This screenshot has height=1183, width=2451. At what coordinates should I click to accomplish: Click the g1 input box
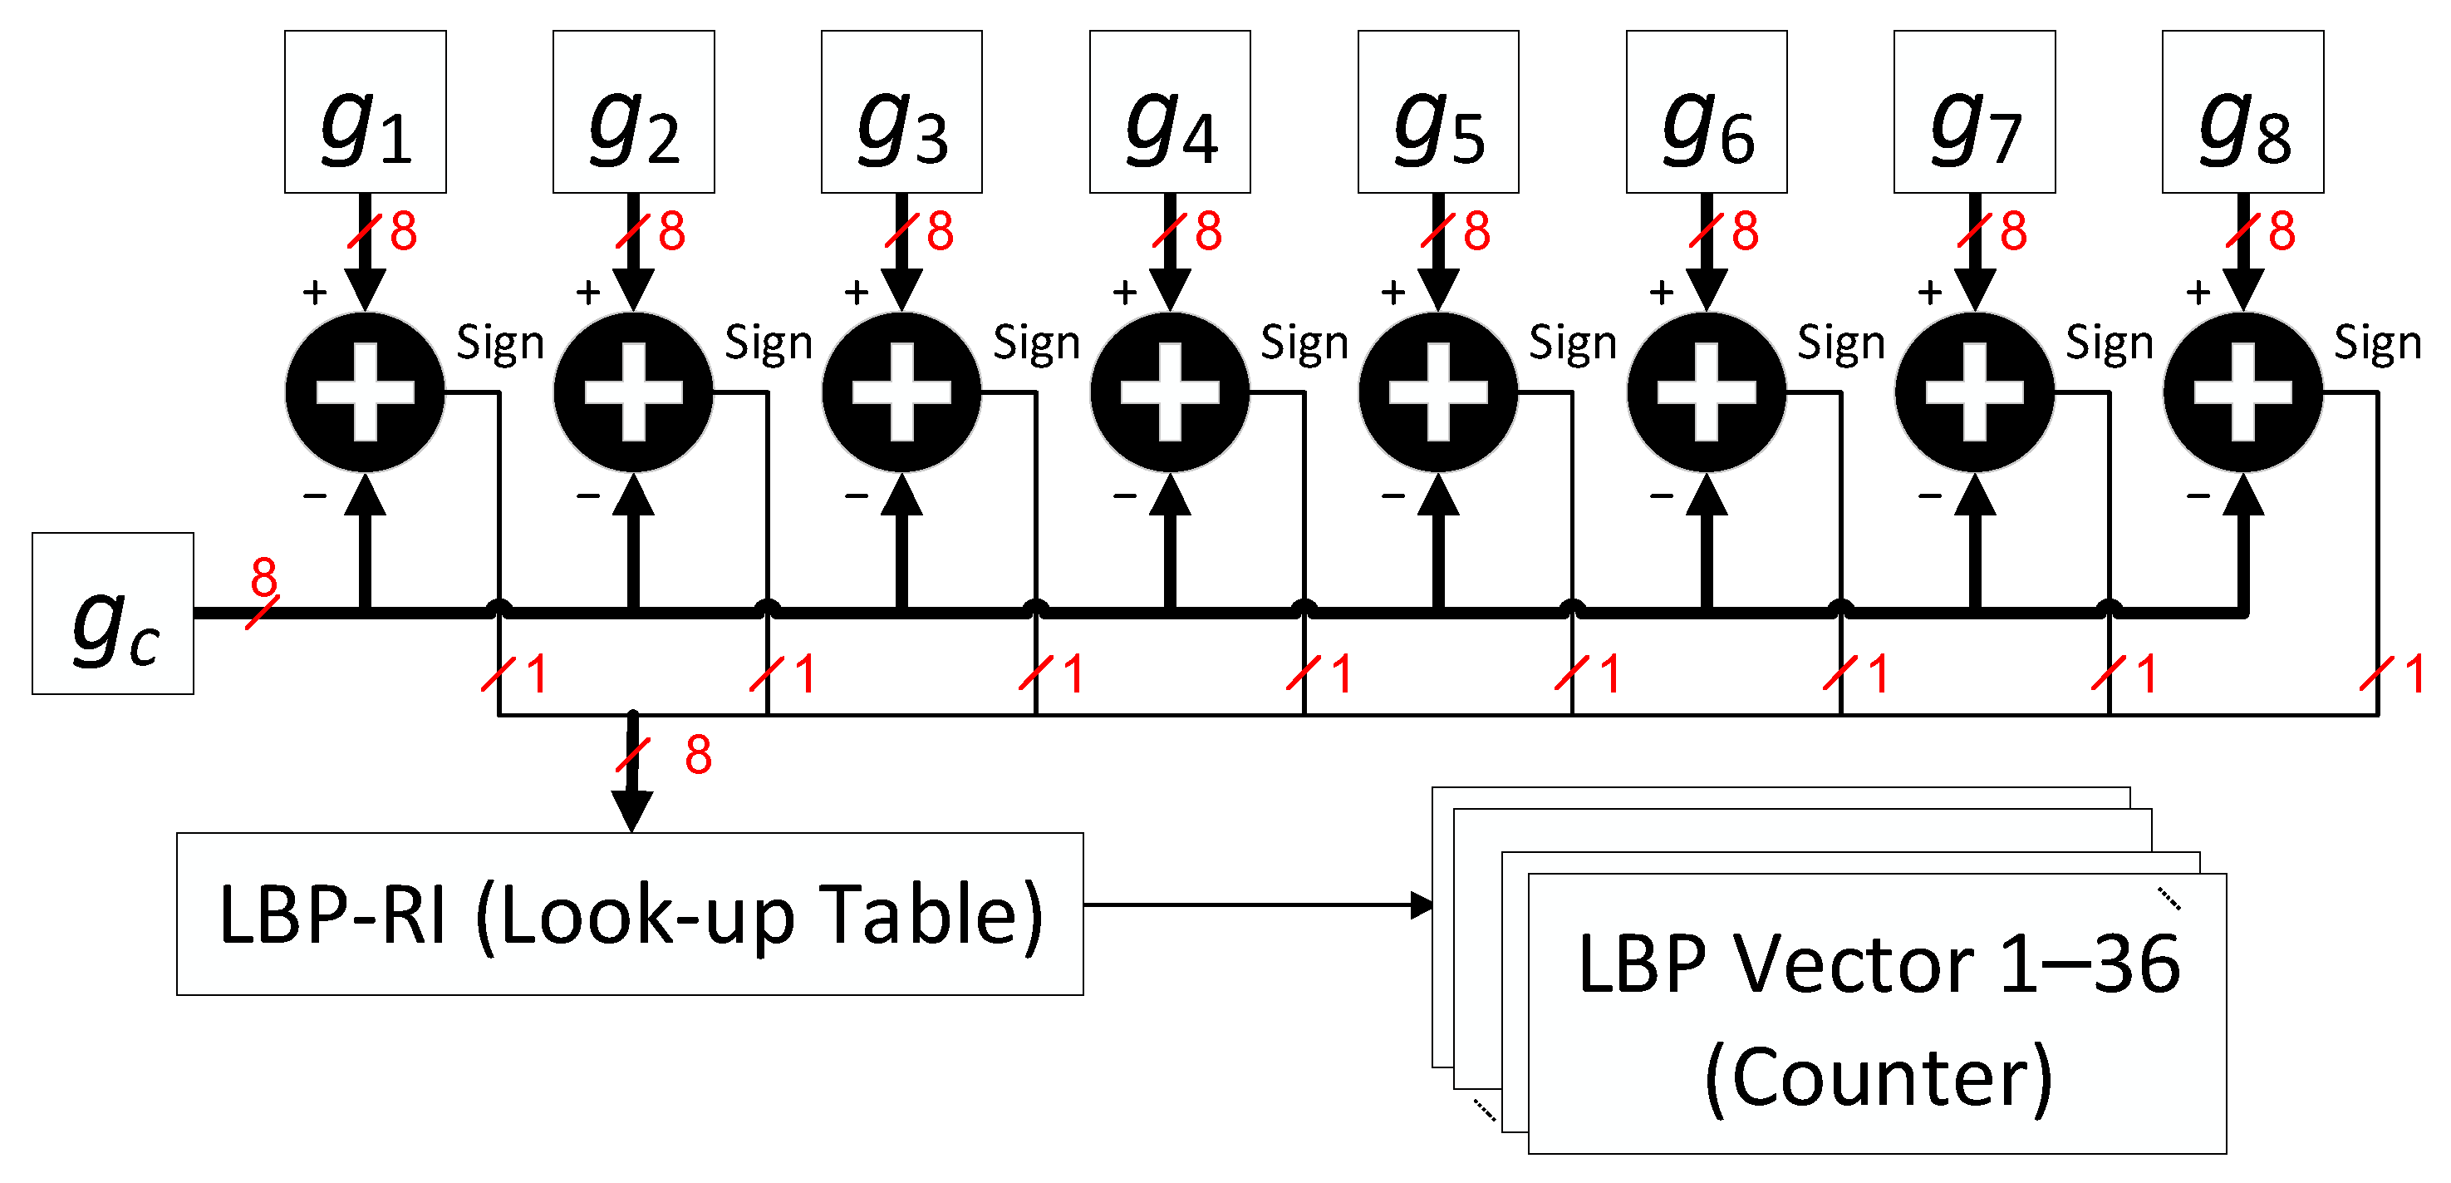366,111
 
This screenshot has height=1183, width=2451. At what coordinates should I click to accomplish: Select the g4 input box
1169,111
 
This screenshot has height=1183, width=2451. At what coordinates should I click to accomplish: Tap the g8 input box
2242,111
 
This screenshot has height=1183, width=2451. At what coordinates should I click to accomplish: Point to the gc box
112,614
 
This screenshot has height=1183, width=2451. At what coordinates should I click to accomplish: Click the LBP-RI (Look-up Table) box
630,914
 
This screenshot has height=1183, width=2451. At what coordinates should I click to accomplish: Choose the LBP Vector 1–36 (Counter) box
1876,1013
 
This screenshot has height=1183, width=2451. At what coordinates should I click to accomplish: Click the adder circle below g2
634,392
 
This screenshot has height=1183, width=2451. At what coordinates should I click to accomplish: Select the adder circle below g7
1975,392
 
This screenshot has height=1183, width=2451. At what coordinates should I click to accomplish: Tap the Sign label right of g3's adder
1036,343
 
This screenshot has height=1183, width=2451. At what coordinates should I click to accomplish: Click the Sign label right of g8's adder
2377,343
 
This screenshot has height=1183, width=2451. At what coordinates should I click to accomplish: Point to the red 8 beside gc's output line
263,577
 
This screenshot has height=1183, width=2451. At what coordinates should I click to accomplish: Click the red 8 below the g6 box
1745,231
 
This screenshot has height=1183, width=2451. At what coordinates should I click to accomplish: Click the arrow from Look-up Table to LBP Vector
1256,905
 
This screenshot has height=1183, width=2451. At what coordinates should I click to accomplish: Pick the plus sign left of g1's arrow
314,292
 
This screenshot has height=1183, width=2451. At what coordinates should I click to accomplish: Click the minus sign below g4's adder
1125,495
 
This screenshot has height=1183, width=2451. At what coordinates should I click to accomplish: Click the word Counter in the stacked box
1879,1077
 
